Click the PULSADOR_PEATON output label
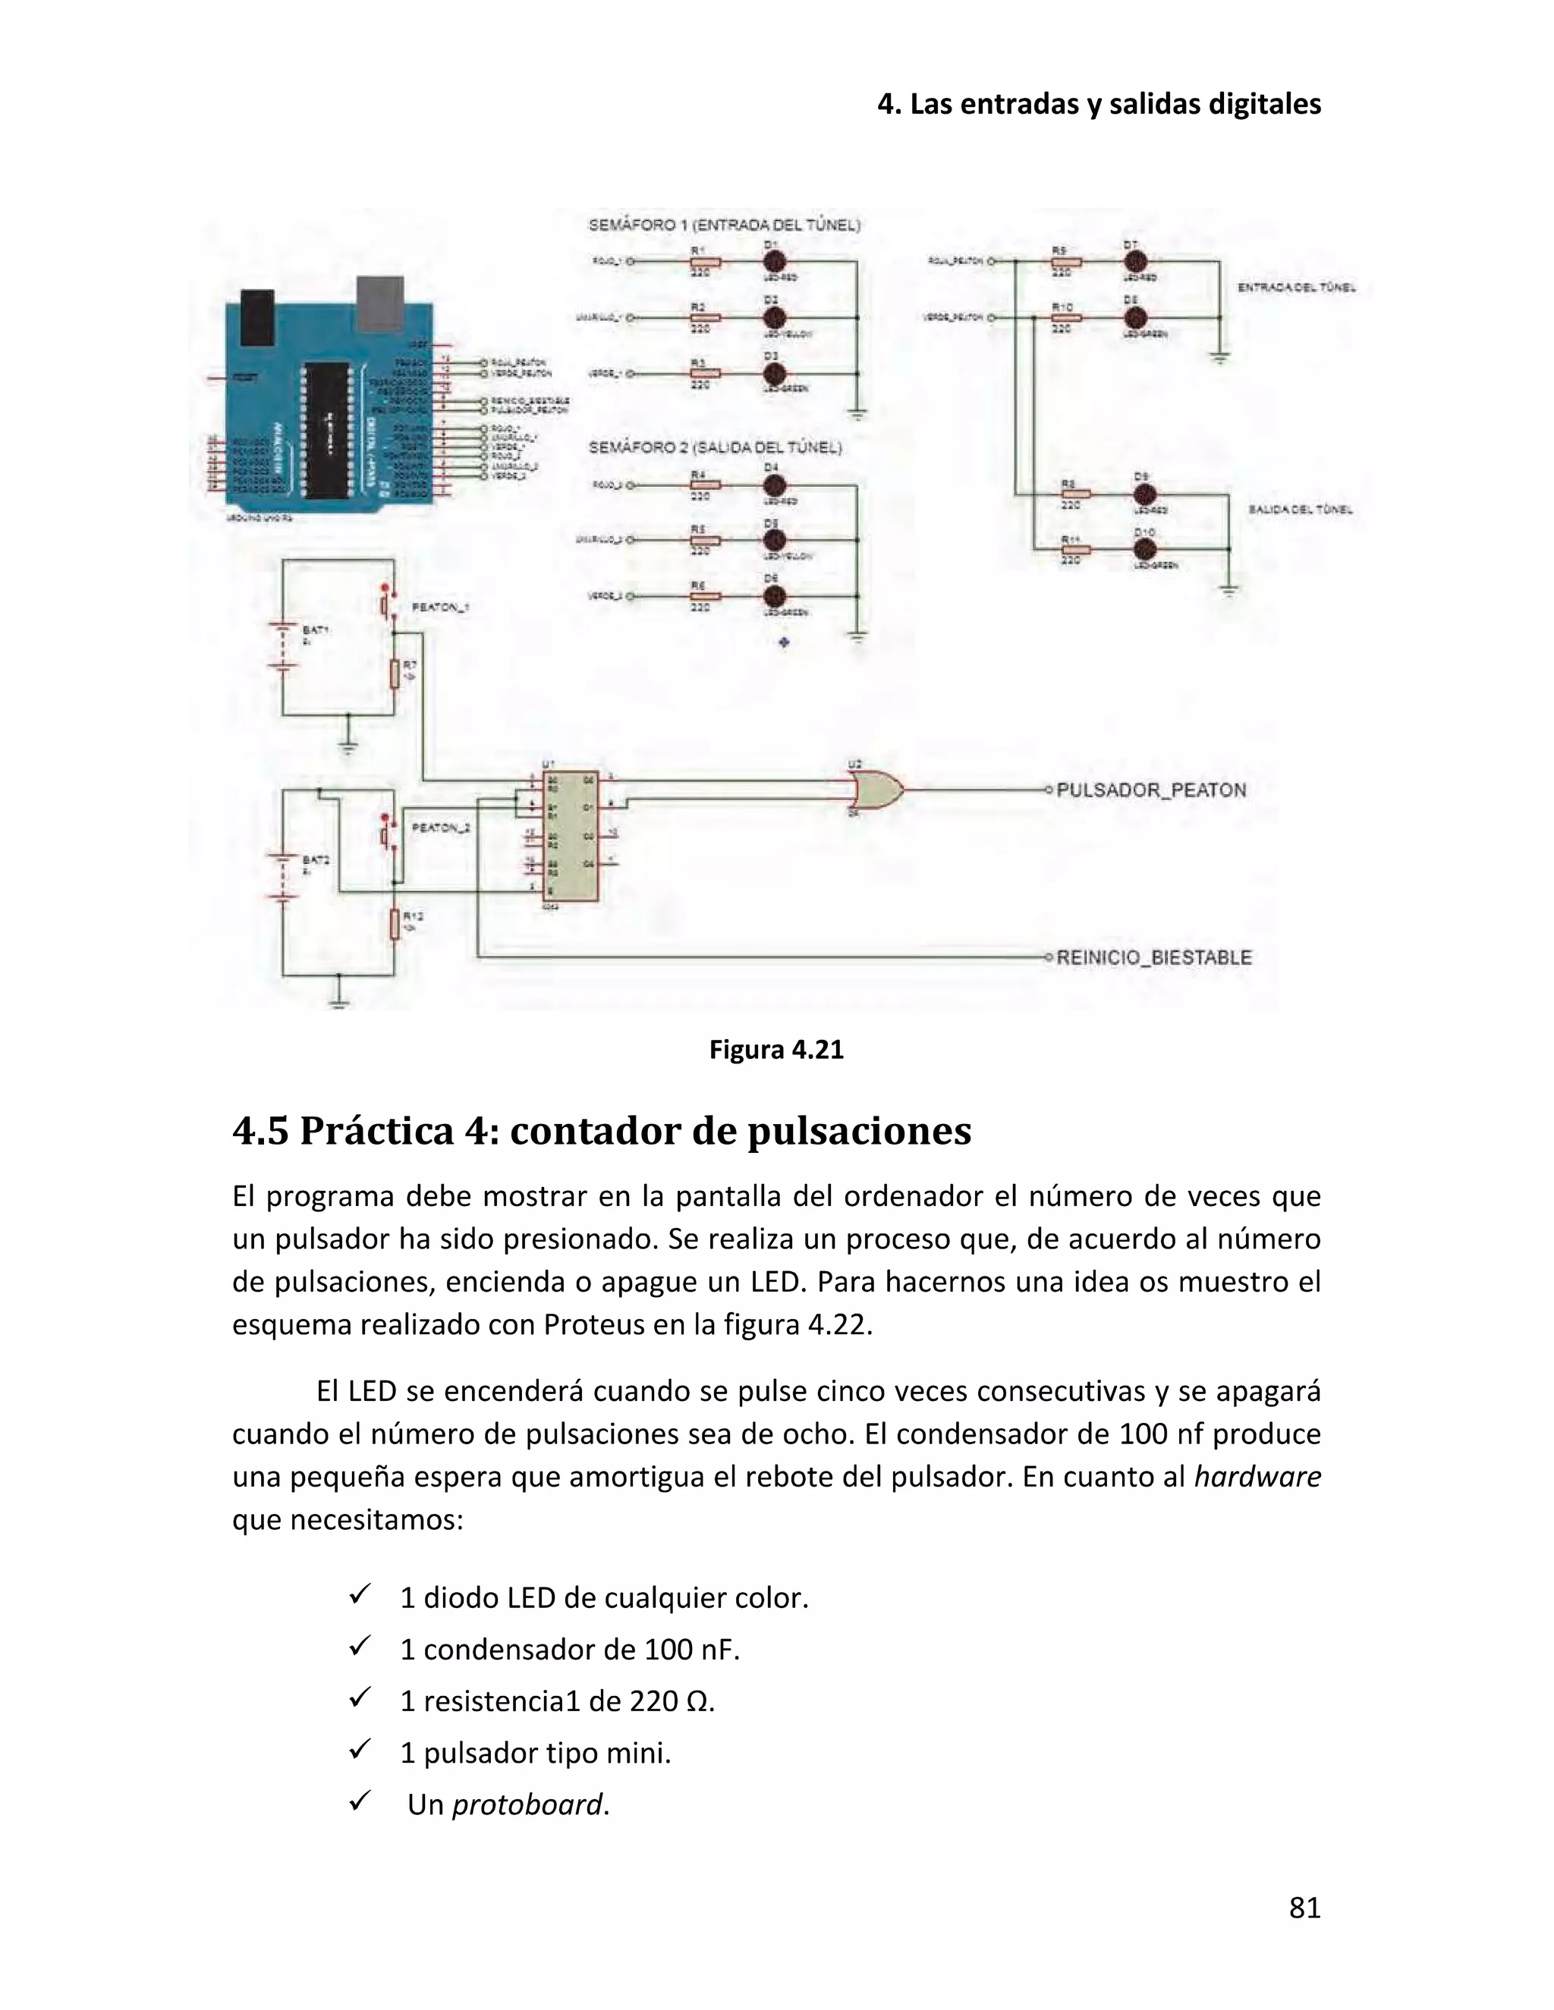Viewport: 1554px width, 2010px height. [1151, 790]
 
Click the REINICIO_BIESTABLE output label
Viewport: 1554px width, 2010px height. [1153, 957]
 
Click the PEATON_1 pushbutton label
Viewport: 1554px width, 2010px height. [440, 608]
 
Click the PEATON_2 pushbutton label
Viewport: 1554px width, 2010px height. [440, 828]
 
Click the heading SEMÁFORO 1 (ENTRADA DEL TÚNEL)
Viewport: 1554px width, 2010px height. [724, 225]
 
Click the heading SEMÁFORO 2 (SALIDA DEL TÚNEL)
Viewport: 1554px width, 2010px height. [714, 448]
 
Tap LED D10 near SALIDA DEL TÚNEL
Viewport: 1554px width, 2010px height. [1144, 549]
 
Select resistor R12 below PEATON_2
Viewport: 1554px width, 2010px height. [395, 923]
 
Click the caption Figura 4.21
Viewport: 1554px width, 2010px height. [776, 1050]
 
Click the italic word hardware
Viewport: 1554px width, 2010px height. [1257, 1476]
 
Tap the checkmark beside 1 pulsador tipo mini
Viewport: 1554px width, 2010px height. [359, 1747]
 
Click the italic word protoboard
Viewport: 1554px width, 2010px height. [527, 1804]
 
